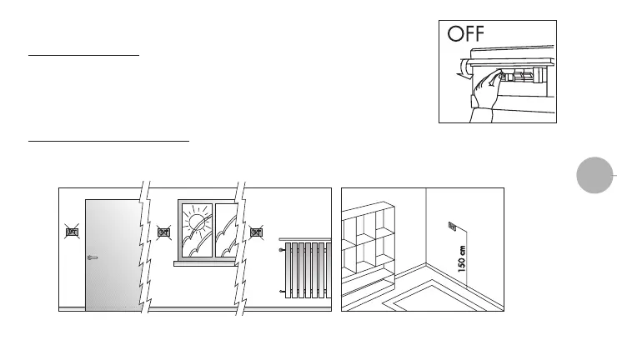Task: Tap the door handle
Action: (x=92, y=257)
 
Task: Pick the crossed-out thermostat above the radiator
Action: (x=257, y=233)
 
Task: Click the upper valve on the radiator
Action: (x=282, y=248)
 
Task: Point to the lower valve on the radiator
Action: (x=282, y=291)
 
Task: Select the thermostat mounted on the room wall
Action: (x=453, y=224)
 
